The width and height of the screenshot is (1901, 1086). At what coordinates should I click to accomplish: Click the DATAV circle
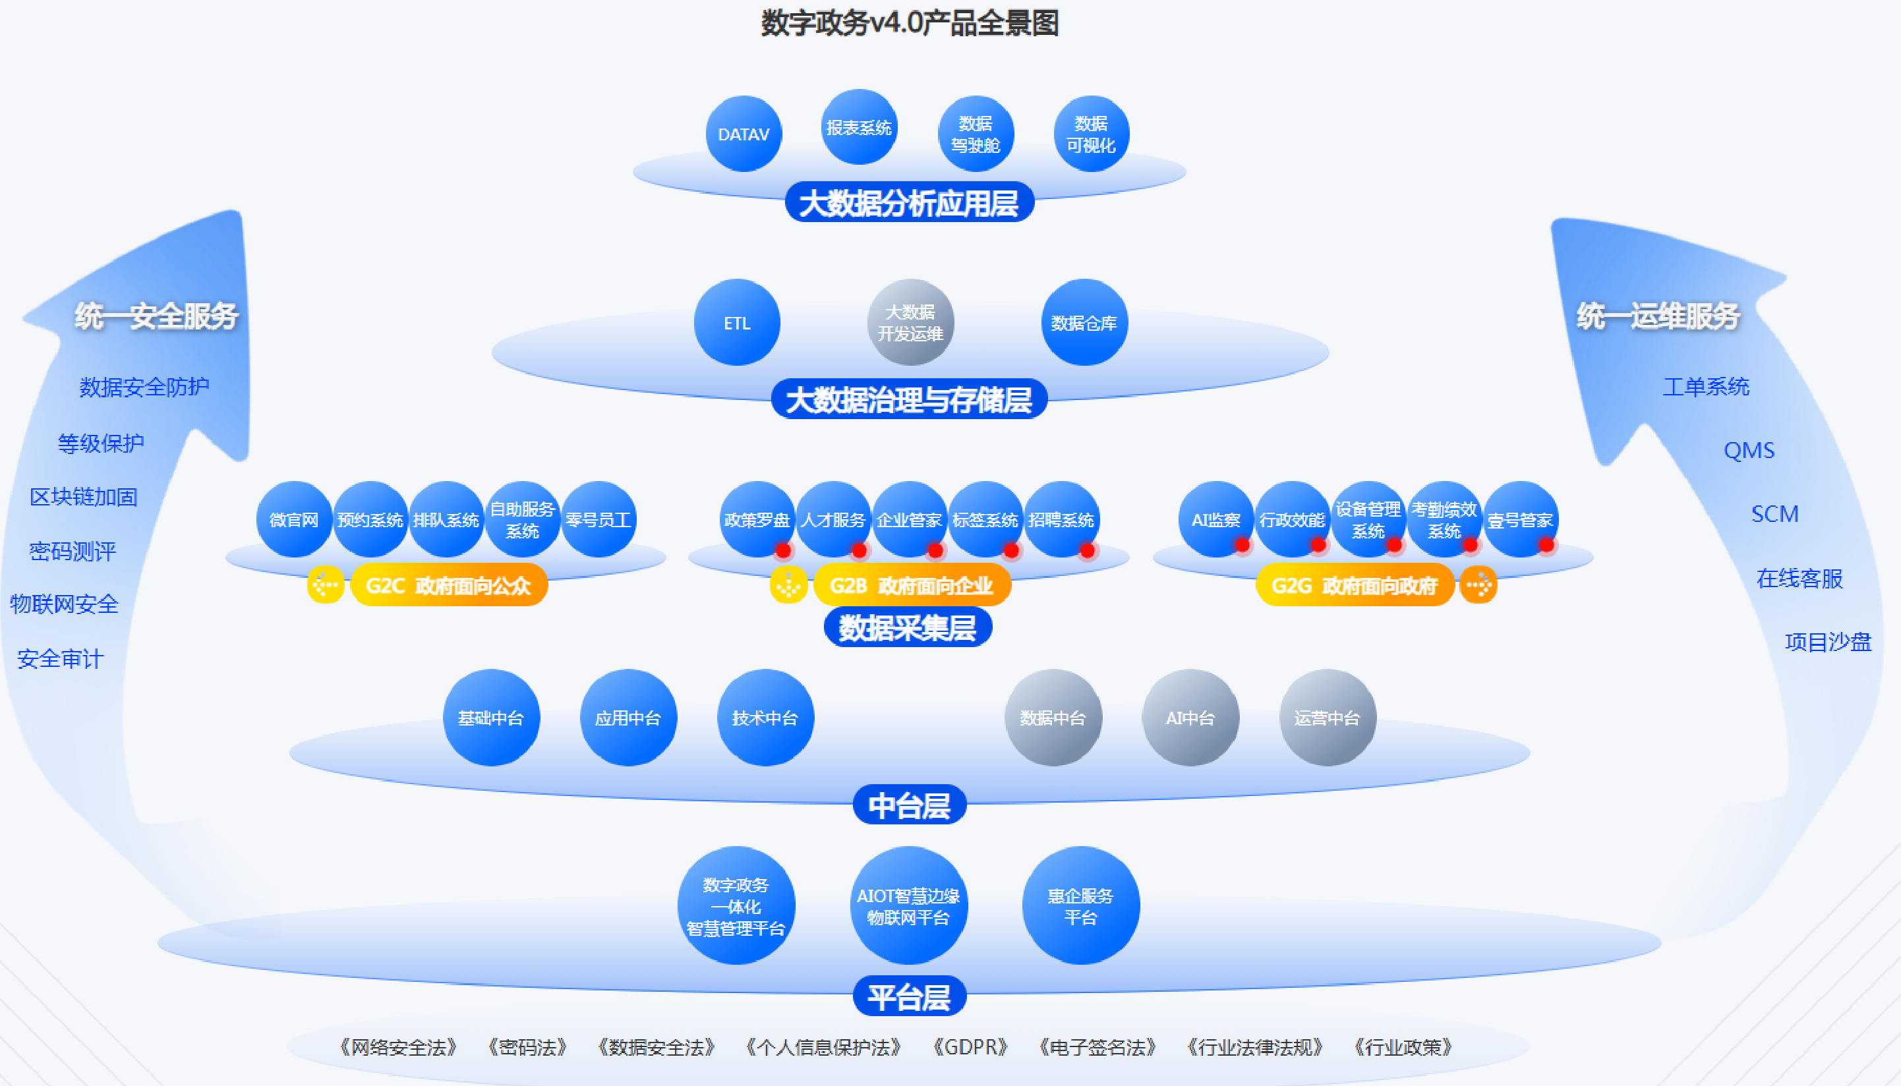coord(743,134)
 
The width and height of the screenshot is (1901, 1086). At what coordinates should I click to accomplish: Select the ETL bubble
coord(737,323)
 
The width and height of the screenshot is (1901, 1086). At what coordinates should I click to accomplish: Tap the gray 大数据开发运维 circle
coord(910,323)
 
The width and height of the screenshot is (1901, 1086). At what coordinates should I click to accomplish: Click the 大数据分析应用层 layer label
coord(909,203)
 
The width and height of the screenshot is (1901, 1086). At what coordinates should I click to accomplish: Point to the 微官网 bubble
coord(294,520)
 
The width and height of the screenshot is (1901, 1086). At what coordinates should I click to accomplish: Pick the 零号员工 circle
coord(599,520)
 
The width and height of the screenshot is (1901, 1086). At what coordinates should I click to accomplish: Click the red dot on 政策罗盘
coord(783,550)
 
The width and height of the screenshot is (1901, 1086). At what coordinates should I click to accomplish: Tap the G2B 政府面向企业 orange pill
coord(911,586)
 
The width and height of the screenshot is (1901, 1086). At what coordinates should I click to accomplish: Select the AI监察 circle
coord(1216,519)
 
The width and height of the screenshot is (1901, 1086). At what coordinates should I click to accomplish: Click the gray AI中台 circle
coord(1190,718)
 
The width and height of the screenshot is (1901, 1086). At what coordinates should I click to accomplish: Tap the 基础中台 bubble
coord(491,718)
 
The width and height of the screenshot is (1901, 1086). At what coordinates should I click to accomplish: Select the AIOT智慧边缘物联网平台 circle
coord(908,906)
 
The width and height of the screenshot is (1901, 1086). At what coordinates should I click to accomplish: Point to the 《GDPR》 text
coord(970,1047)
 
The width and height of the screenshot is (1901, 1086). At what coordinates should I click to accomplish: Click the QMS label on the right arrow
coord(1749,451)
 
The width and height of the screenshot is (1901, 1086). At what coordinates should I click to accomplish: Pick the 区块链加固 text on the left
coord(84,497)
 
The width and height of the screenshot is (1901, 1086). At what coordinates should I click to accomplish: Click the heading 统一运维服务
coord(1658,316)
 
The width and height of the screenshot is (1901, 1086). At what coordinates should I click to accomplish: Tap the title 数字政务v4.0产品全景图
coord(910,23)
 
